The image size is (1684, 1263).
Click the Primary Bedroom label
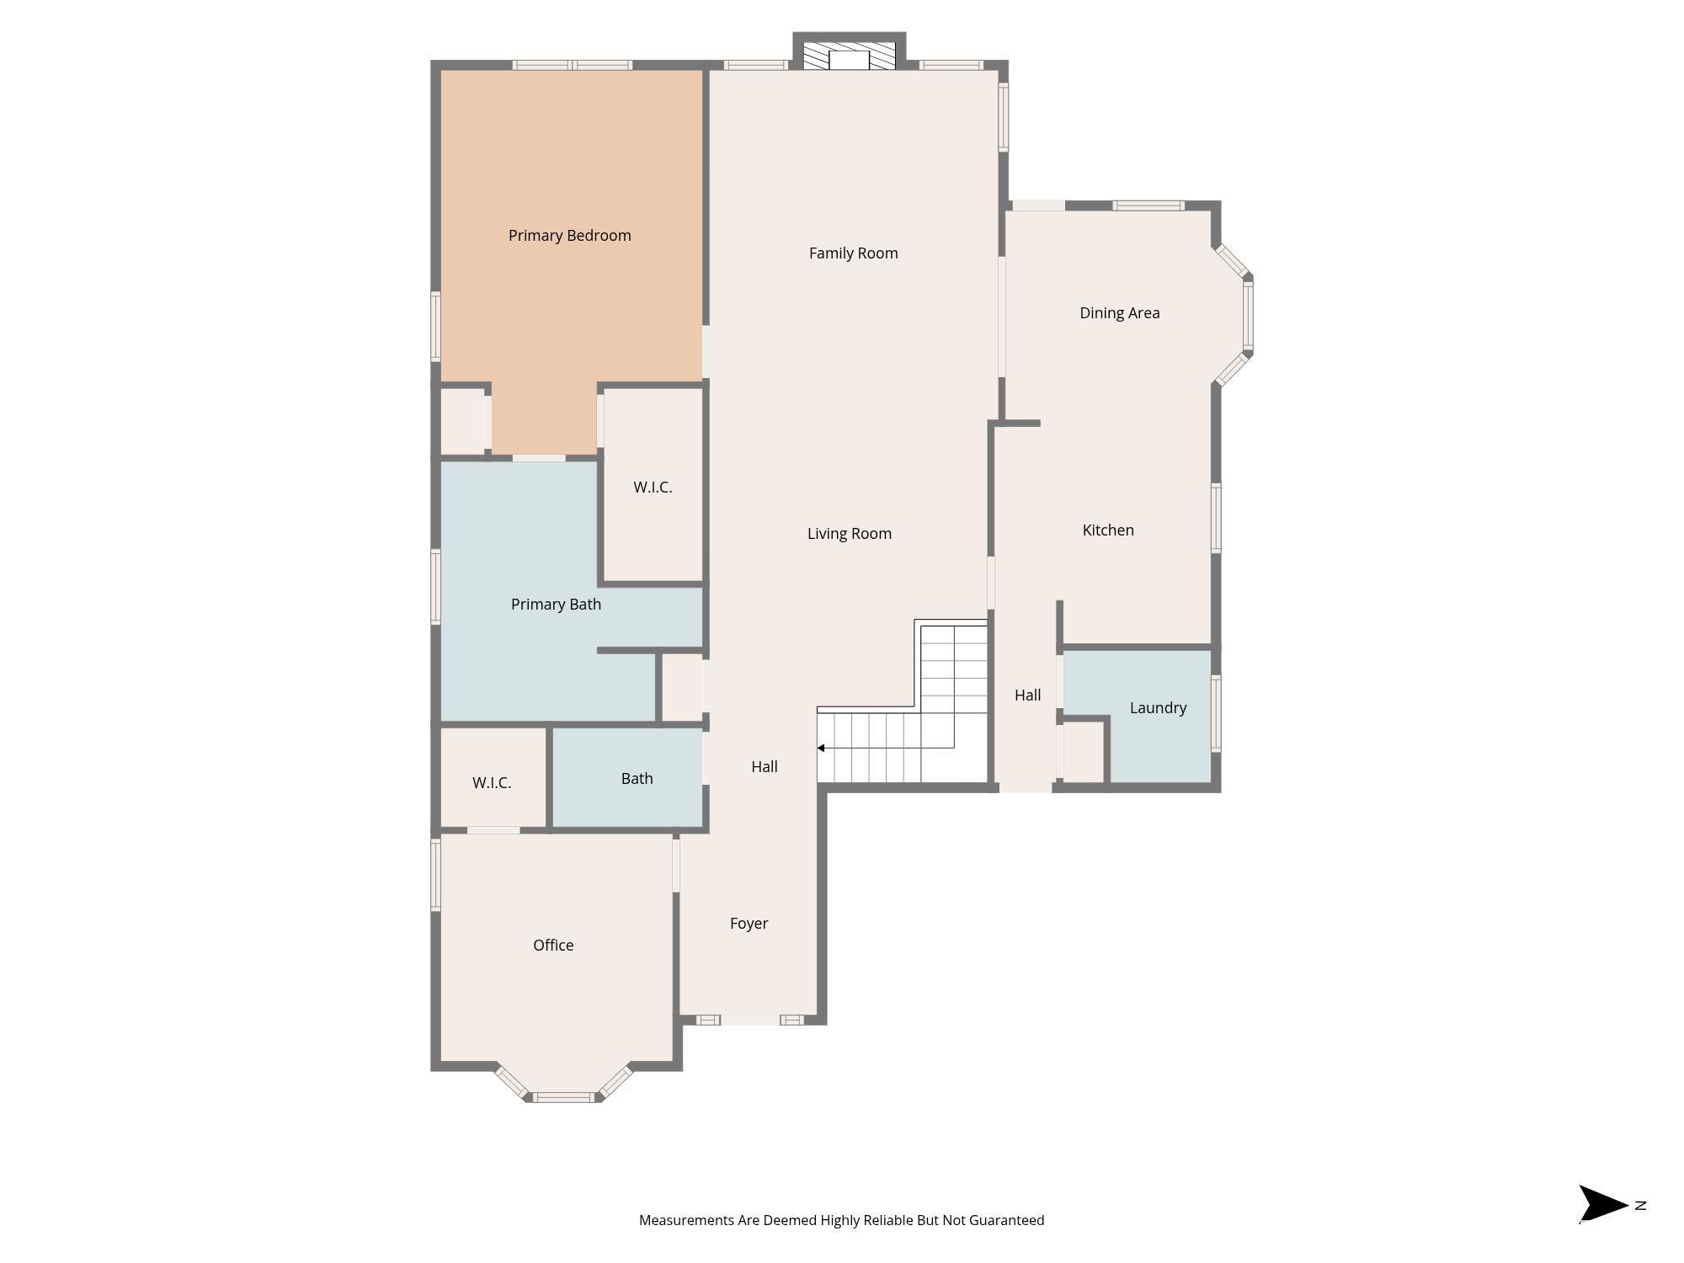pyautogui.click(x=570, y=236)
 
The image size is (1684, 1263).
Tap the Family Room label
pyautogui.click(x=854, y=253)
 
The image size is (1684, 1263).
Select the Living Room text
pyautogui.click(x=850, y=534)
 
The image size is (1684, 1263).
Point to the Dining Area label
pyautogui.click(x=1120, y=313)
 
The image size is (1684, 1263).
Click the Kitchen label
pyautogui.click(x=1108, y=530)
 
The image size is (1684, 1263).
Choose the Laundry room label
pyautogui.click(x=1159, y=708)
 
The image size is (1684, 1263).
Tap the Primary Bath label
pyautogui.click(x=557, y=605)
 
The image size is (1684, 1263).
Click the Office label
pyautogui.click(x=553, y=946)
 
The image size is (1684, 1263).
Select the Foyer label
pyautogui.click(x=749, y=924)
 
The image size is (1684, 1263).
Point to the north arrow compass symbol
pyautogui.click(x=1603, y=1204)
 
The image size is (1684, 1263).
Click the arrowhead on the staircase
pyautogui.click(x=821, y=748)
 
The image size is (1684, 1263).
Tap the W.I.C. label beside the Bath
pyautogui.click(x=492, y=783)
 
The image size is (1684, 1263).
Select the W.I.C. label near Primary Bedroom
pyautogui.click(x=653, y=488)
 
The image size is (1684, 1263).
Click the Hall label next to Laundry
pyautogui.click(x=1027, y=695)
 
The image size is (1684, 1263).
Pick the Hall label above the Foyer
pyautogui.click(x=765, y=767)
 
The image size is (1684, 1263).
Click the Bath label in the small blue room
pyautogui.click(x=637, y=779)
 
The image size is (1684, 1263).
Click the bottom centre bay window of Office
pyautogui.click(x=564, y=1097)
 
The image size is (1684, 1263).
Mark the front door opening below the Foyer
pyautogui.click(x=749, y=1021)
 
